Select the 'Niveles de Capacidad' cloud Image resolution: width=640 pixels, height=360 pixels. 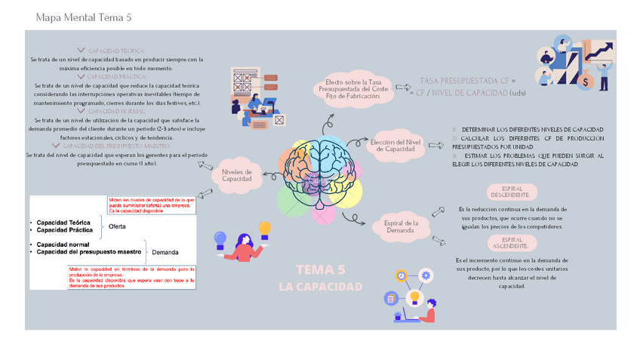237,176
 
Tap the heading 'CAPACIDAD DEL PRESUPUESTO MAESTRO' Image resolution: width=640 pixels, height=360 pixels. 116,146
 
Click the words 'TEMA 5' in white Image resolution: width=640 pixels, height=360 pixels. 321,269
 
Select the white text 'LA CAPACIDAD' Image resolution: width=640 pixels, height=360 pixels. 320,287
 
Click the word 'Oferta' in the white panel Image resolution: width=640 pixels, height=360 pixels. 117,226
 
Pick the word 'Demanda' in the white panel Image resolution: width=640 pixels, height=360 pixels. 165,252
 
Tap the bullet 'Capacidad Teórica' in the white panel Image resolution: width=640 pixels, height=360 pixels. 63,223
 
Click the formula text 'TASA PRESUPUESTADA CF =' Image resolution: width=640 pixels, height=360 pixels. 468,80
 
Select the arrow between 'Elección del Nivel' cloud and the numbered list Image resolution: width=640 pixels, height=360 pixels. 435,145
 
